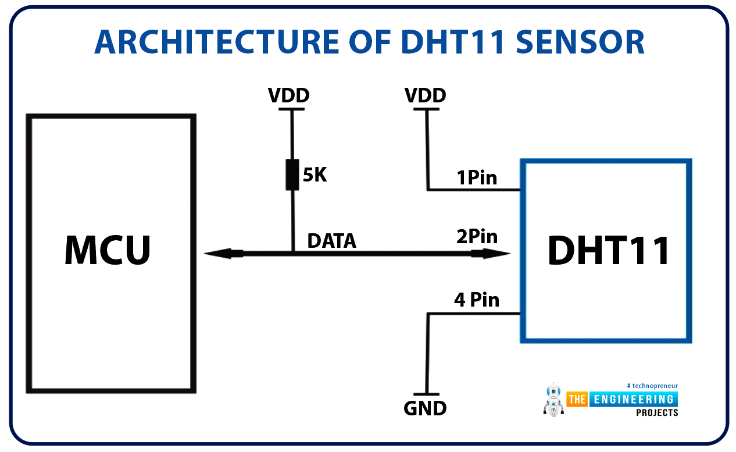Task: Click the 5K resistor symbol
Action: [292, 175]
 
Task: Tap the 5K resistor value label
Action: [315, 175]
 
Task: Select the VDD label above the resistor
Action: [289, 95]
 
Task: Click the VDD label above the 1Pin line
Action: [425, 95]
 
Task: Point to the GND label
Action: [425, 408]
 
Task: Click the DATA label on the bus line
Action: [332, 241]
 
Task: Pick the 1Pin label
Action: [477, 177]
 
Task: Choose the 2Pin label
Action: [477, 236]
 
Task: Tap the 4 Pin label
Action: [477, 300]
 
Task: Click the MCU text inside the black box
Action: [108, 250]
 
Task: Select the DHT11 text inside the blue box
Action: [608, 251]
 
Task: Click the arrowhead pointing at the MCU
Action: [223, 254]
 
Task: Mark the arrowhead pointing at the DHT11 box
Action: [491, 254]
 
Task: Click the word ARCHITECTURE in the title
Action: [217, 42]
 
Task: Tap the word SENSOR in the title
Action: [580, 42]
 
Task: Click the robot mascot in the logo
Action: [553, 400]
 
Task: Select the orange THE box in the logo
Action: [577, 400]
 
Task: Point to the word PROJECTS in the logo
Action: [657, 413]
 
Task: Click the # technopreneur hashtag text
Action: [652, 386]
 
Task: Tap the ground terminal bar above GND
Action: [426, 394]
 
